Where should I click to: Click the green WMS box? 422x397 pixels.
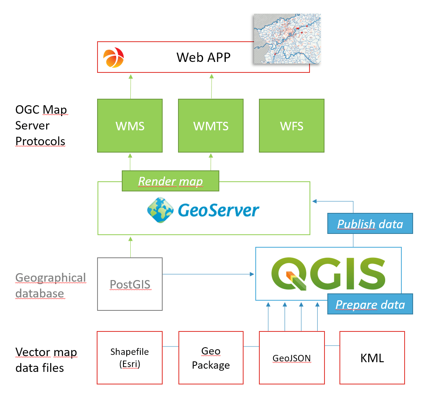coord(130,126)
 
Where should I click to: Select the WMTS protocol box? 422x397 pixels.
coord(211,126)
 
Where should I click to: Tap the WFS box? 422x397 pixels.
coord(292,126)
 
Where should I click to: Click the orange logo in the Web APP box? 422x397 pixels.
coord(113,57)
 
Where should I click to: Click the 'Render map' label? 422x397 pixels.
coord(170,181)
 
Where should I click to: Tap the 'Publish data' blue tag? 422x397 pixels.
coord(370,224)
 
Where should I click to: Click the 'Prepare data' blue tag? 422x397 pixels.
coord(370,304)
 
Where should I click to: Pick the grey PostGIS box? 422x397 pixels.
coord(130,284)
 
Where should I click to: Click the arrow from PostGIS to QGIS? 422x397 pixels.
coord(208,274)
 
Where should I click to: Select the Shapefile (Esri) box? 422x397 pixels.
coord(129,357)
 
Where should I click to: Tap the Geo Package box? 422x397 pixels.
coord(211,357)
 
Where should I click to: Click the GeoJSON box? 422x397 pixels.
coord(292,357)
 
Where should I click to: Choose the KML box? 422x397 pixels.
coord(372,357)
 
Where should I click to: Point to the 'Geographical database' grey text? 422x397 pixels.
coord(51,285)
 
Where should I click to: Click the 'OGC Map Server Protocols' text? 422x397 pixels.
coord(41,125)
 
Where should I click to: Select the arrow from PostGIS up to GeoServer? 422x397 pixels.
coord(130,246)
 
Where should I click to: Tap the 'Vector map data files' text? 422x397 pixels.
coord(46,360)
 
